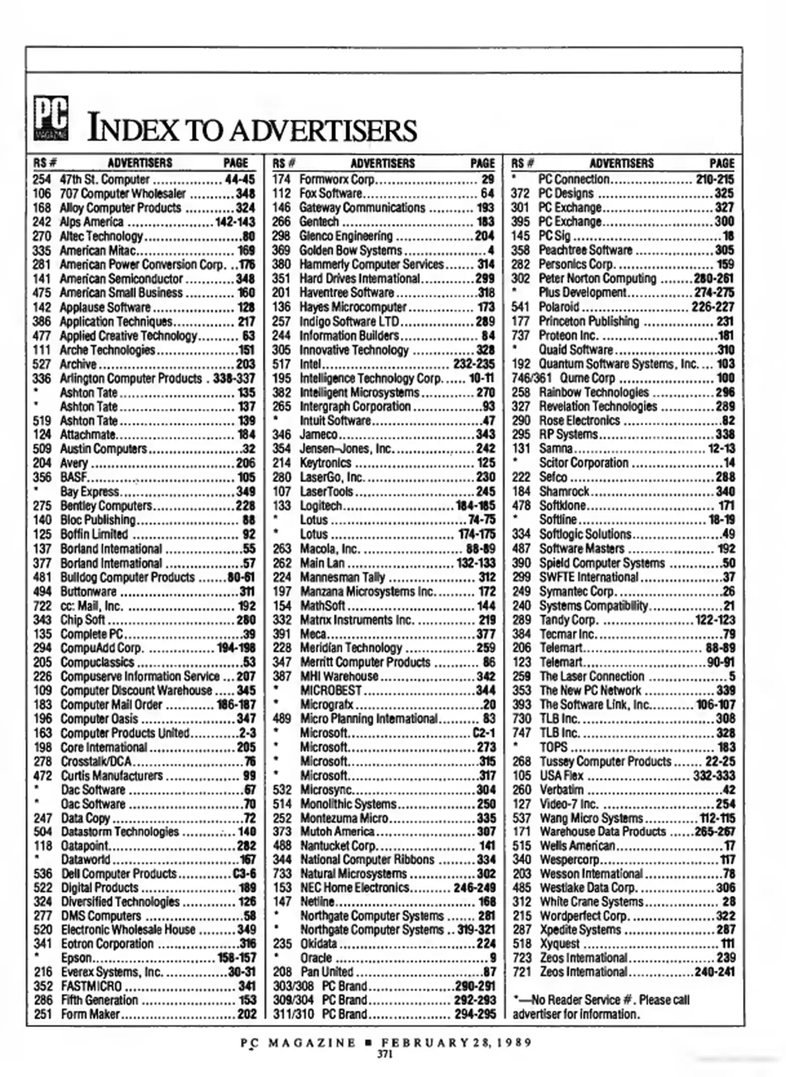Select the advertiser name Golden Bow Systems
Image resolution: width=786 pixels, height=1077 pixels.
[x=350, y=250]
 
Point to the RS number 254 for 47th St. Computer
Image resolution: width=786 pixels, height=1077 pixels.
[x=42, y=179]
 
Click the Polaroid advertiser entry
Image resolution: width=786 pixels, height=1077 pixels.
[x=559, y=307]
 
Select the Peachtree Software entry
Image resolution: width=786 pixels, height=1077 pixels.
[x=585, y=250]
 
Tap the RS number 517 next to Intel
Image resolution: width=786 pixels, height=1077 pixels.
[x=282, y=364]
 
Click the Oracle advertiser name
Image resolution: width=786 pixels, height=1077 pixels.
[x=316, y=958]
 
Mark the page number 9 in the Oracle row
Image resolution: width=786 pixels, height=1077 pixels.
[x=492, y=958]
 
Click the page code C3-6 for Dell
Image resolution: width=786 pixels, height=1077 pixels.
[x=244, y=874]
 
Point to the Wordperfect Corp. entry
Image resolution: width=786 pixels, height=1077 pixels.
[x=584, y=916]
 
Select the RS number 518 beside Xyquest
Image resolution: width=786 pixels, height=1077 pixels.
[x=521, y=944]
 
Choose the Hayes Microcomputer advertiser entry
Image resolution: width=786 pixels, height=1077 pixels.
[x=353, y=307]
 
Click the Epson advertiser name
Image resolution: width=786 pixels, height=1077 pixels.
[x=76, y=958]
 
